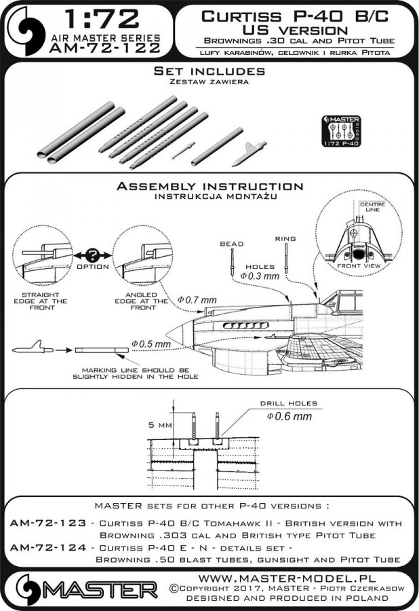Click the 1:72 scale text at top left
[x=88, y=18]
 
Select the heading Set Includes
[x=209, y=71]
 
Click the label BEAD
[x=231, y=242]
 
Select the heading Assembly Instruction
[x=209, y=186]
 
